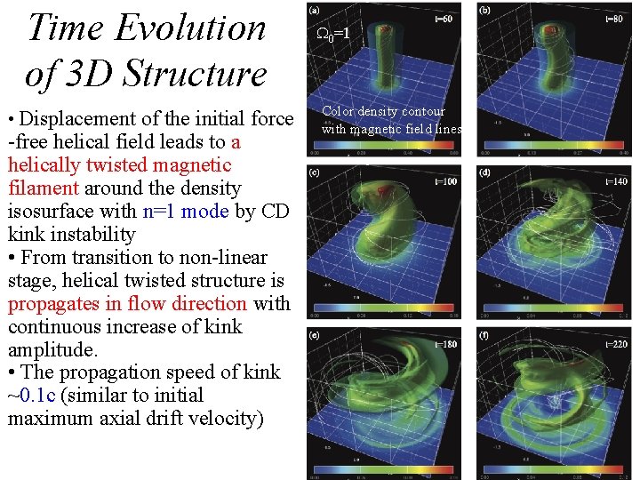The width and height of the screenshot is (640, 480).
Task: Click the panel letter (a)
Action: pyautogui.click(x=315, y=12)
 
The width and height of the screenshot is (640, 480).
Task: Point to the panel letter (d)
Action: pyautogui.click(x=484, y=172)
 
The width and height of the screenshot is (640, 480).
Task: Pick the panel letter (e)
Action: pyautogui.click(x=315, y=335)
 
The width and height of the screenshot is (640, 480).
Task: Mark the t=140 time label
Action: pyautogui.click(x=617, y=180)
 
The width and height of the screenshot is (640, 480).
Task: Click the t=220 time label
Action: pyautogui.click(x=617, y=343)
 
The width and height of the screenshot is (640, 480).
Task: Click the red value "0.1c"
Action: pyautogui.click(x=37, y=396)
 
